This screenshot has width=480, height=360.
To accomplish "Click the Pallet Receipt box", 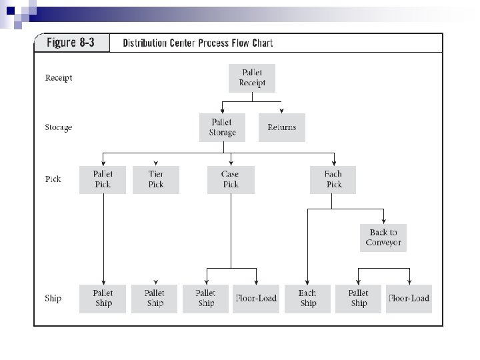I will [252, 78].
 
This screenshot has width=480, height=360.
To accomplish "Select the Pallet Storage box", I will [222, 127].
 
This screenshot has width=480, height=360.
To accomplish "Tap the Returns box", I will [282, 127].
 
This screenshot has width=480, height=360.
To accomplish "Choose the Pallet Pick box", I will [103, 179].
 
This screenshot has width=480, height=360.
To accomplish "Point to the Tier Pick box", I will [156, 179].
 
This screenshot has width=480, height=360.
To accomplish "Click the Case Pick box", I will [231, 179].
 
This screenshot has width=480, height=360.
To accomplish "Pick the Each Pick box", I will [333, 179].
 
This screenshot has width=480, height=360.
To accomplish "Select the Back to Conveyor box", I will [383, 237].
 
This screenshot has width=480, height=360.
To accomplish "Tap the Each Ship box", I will [308, 298].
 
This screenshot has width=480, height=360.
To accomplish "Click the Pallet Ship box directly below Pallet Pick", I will [103, 298].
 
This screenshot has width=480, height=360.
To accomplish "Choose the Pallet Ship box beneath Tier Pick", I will [155, 298].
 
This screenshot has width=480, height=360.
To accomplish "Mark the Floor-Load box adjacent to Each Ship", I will [256, 298].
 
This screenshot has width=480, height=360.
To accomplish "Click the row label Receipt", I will [59, 78].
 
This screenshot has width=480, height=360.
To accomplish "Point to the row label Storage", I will [59, 127].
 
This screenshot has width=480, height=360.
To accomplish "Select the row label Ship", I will [53, 298].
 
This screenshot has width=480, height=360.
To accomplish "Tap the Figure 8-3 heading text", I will [71, 43].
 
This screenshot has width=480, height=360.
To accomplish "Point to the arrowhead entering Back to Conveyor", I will [383, 221].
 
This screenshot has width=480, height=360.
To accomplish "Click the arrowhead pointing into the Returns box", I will [282, 111].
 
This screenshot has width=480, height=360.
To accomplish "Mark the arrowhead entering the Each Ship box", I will [308, 282].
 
